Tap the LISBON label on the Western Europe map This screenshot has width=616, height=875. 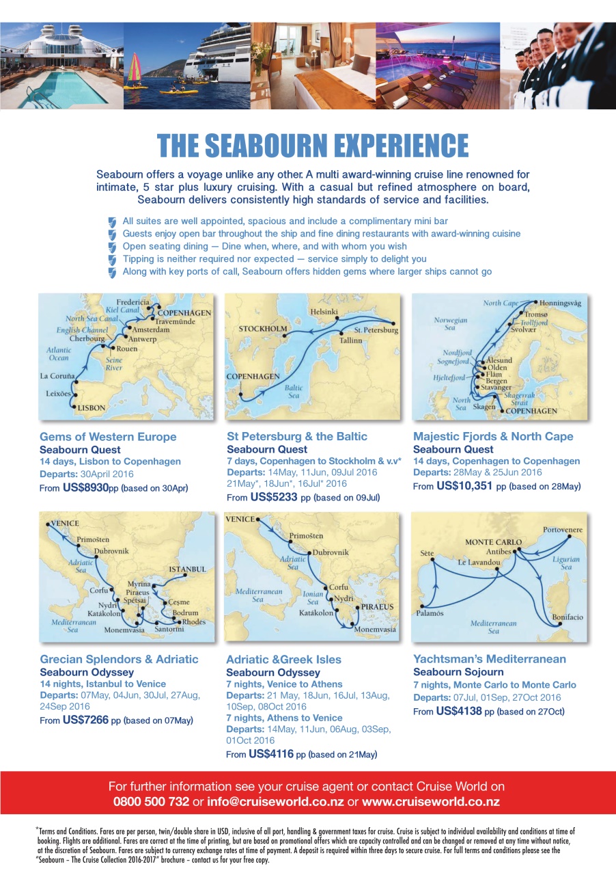tap(92, 408)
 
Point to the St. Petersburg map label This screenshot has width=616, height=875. tap(376, 330)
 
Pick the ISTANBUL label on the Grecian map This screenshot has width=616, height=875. tap(187, 569)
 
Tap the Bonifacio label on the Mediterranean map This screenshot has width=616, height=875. tap(568, 617)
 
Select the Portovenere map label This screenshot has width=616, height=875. tap(563, 530)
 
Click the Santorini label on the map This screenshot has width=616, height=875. tap(169, 629)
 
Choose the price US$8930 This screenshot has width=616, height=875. tap(85, 488)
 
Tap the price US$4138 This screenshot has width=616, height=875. tap(458, 712)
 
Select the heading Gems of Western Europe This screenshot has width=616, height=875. tap(108, 437)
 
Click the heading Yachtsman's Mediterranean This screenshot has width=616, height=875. tap(490, 659)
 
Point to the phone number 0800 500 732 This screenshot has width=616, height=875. tap(151, 802)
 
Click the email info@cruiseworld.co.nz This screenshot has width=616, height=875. tap(275, 802)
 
